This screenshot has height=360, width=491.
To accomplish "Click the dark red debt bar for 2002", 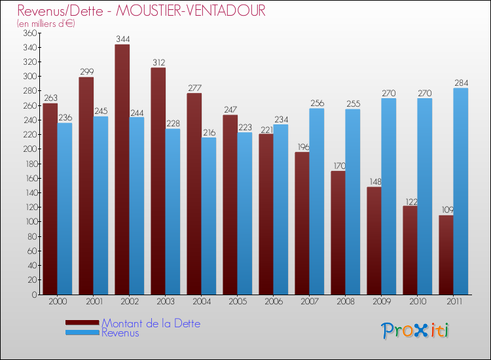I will pos(122,170).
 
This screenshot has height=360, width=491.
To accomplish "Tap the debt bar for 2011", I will pos(446,255).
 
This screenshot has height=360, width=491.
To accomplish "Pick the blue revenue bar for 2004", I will pos(209,215).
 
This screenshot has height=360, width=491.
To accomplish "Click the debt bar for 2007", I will pos(302,223).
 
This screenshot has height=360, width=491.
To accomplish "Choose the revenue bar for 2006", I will pos(281,209).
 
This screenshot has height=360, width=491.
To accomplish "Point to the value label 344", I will pos(122,39).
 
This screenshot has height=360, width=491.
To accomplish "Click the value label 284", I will pos(461,83).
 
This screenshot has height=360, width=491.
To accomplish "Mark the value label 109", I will pos(446,210).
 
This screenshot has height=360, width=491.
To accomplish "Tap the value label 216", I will pos(209,132).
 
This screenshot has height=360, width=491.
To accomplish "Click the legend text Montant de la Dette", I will pos(151,323).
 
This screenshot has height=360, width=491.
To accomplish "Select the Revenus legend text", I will pos(120,333).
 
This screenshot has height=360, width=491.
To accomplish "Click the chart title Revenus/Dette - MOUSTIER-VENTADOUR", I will pos(141,11).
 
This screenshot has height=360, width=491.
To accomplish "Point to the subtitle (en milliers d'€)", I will pos(46,24).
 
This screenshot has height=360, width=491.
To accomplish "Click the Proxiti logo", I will pos(415,331).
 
